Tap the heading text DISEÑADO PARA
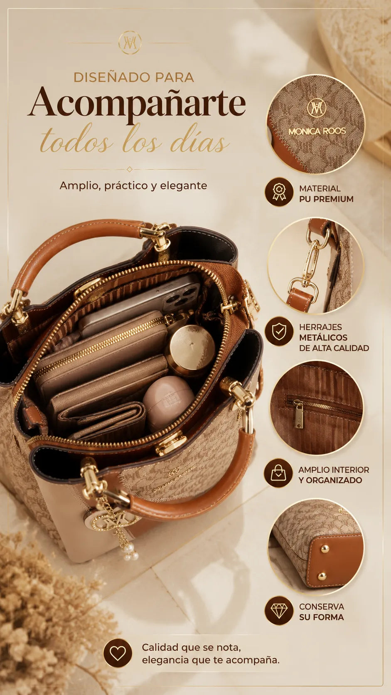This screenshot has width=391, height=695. pyautogui.click(x=134, y=78)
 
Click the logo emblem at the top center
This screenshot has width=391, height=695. pyautogui.click(x=130, y=42)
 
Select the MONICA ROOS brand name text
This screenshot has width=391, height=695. pyautogui.click(x=317, y=131)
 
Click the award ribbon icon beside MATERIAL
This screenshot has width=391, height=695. pyautogui.click(x=279, y=192)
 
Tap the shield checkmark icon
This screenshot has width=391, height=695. pyautogui.click(x=279, y=331)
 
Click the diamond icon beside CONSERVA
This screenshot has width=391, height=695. pyautogui.click(x=279, y=611)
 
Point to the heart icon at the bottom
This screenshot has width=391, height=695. pyautogui.click(x=118, y=653)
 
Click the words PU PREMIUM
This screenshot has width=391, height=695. pyautogui.click(x=326, y=199)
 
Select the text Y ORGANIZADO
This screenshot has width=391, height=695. pyautogui.click(x=330, y=480)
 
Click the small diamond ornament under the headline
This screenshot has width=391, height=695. pyautogui.click(x=130, y=169)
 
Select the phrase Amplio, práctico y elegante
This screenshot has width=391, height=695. pyautogui.click(x=133, y=186)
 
